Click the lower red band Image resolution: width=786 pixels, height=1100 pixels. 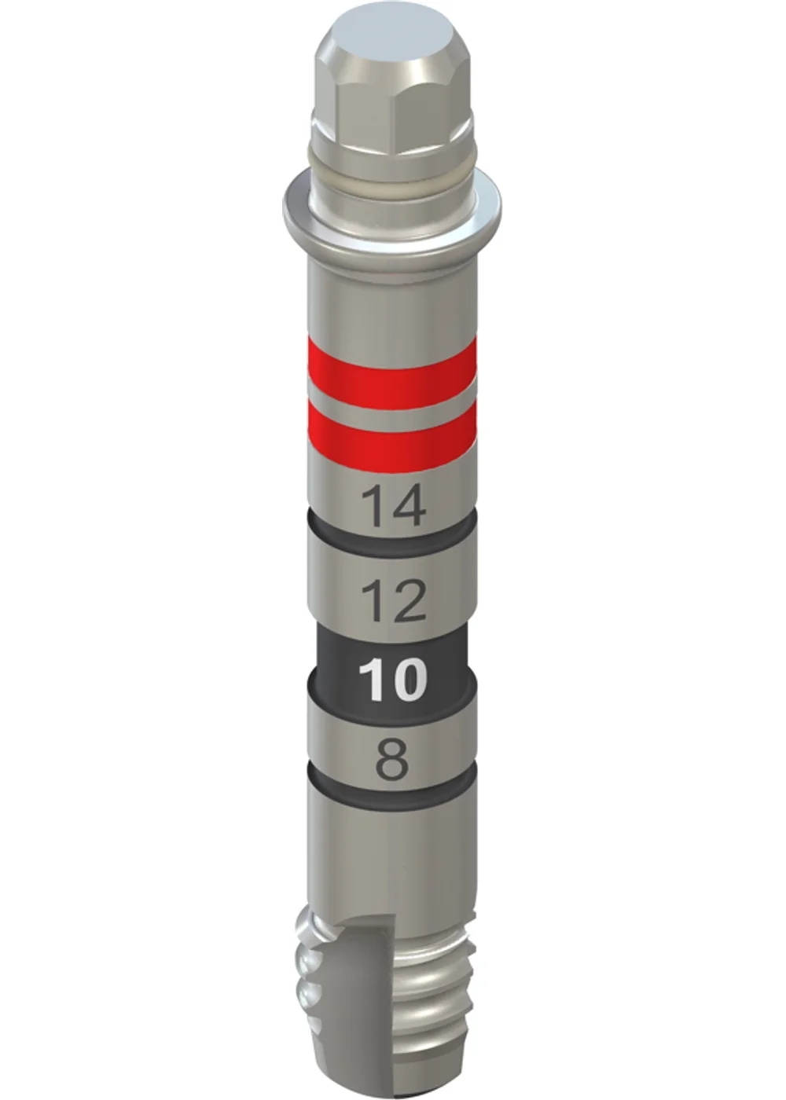[x=391, y=437]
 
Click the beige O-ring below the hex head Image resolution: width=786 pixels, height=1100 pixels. [x=391, y=170]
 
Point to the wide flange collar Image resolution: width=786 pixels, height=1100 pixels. [x=391, y=216]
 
